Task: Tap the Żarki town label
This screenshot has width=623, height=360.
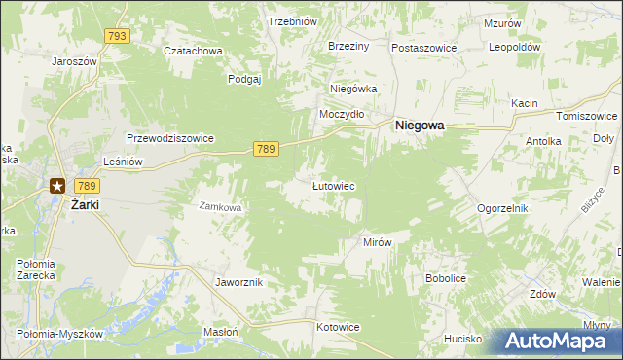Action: click(86, 205)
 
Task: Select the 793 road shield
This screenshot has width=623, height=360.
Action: click(117, 36)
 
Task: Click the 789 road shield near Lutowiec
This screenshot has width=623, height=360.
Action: click(267, 149)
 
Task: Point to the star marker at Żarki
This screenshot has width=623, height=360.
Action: click(58, 186)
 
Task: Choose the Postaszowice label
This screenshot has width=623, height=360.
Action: click(424, 47)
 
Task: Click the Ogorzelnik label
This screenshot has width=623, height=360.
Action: click(502, 208)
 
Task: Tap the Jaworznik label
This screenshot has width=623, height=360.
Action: click(238, 282)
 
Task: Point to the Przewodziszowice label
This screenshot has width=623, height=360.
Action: click(169, 138)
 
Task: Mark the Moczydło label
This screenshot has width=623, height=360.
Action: click(343, 114)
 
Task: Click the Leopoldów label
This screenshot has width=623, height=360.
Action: click(515, 47)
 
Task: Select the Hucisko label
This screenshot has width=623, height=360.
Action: click(463, 339)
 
